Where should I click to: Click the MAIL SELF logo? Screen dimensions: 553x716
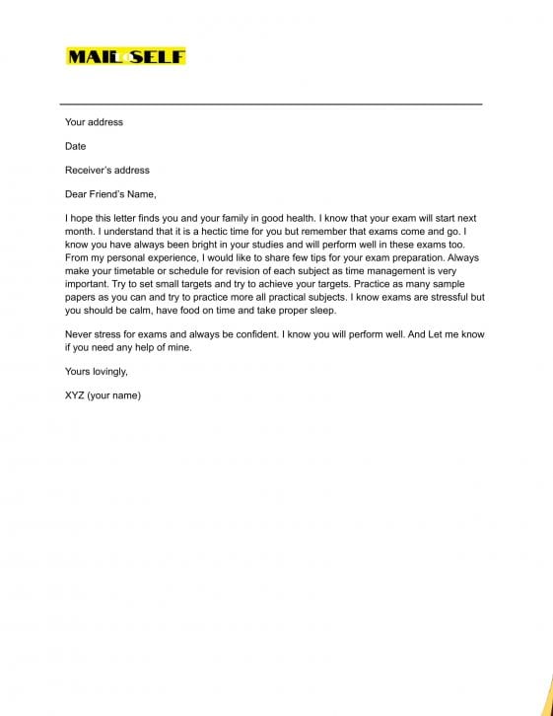(125, 56)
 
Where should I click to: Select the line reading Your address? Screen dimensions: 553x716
(94, 122)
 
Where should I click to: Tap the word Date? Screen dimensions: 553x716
(76, 146)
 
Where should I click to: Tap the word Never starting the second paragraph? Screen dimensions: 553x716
(79, 334)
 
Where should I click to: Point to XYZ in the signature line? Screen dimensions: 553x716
(74, 395)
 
